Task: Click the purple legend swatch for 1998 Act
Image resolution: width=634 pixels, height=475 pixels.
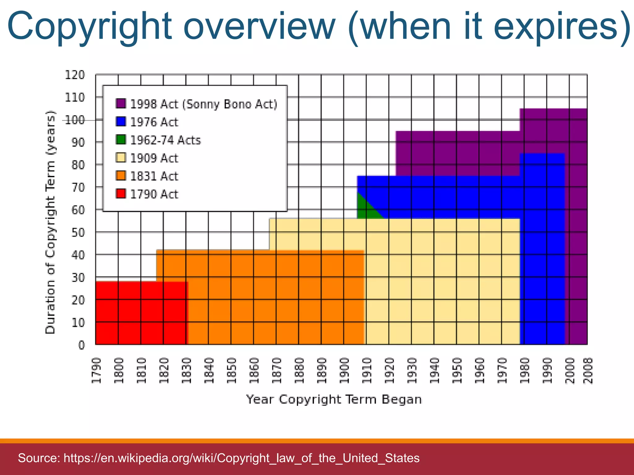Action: [x=121, y=103]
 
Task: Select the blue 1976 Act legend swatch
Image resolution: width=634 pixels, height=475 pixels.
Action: [x=121, y=122]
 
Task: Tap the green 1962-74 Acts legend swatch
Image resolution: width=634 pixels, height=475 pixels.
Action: [x=121, y=139]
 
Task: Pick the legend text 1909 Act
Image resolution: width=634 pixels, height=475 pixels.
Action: [x=154, y=158]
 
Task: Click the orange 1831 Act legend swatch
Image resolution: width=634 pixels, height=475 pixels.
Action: [x=121, y=176]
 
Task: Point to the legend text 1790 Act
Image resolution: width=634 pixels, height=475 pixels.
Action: [x=154, y=194]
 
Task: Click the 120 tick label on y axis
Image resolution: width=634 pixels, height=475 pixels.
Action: [x=75, y=75]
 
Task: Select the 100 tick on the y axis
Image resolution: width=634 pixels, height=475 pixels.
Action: [x=75, y=120]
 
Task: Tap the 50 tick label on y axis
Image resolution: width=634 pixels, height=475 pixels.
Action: [x=78, y=233]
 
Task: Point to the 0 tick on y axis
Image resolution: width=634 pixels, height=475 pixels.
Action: [x=81, y=345]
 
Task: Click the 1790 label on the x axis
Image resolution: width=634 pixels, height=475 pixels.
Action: [x=97, y=370]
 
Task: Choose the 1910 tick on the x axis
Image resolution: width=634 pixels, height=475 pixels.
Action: [x=367, y=370]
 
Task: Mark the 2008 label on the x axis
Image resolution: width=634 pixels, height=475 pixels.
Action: [x=588, y=370]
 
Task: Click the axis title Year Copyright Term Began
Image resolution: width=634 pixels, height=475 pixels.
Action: [x=334, y=399]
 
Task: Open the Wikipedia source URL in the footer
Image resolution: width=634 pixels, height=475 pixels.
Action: [x=241, y=458]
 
